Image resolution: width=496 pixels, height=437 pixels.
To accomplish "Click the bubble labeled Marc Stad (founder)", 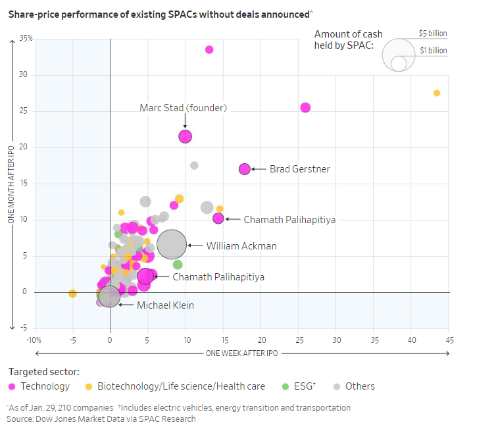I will [185, 136].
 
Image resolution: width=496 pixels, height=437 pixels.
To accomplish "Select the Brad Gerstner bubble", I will [245, 169].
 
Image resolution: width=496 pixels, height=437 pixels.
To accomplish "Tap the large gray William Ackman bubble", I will [172, 245].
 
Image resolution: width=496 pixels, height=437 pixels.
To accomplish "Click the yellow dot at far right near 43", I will [437, 93].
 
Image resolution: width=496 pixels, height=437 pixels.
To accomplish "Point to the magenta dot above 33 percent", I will [209, 49].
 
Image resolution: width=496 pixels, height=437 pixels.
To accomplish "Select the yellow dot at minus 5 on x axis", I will [72, 294].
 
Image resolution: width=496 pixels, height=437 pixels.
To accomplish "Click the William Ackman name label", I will [241, 246].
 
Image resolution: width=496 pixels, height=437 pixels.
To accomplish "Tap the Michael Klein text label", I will [165, 305].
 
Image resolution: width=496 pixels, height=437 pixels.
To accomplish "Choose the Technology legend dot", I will [12, 387].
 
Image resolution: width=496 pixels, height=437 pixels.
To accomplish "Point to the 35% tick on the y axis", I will [26, 38].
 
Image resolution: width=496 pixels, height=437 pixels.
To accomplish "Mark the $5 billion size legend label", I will [433, 33].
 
